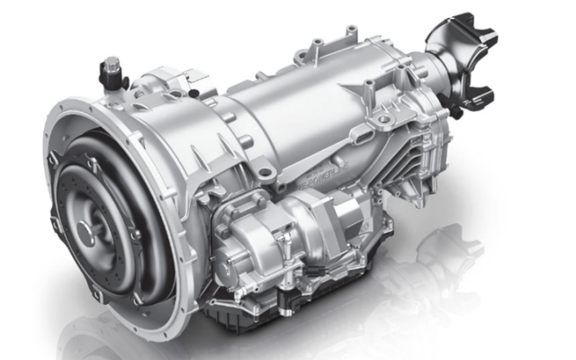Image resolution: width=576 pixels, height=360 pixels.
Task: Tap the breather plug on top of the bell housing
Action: click(x=112, y=67)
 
